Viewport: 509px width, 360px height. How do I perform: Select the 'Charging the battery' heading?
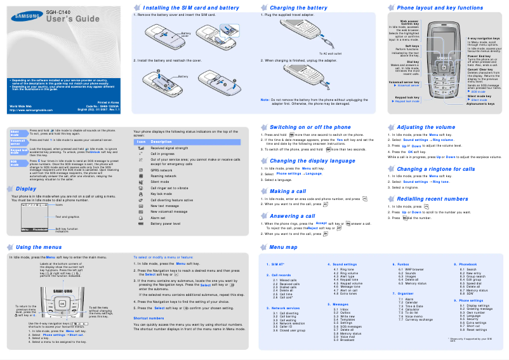(300, 8)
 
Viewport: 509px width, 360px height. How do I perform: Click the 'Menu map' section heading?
(283, 247)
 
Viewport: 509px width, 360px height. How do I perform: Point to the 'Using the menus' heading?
(39, 247)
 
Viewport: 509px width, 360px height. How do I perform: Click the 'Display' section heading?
(26, 189)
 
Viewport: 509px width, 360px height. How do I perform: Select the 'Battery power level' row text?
(166, 223)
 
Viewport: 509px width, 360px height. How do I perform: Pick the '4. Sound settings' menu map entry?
(342, 264)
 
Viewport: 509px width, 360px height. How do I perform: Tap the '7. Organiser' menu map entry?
(402, 294)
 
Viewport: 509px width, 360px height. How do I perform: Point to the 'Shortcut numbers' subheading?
(149, 317)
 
